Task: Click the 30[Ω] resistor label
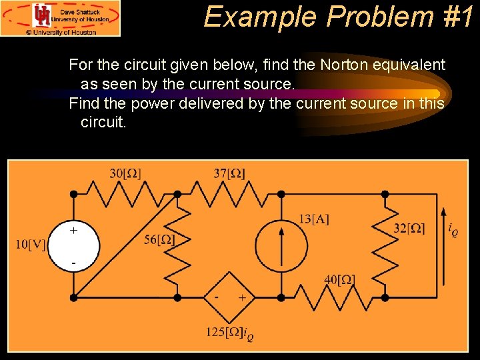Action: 125,174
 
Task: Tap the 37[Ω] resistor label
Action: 229,174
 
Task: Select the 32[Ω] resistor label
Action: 409,229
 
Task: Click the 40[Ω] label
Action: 339,280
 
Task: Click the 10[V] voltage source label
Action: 31,244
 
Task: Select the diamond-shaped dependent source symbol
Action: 229,296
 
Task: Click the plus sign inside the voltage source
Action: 73,230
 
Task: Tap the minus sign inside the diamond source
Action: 217,296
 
